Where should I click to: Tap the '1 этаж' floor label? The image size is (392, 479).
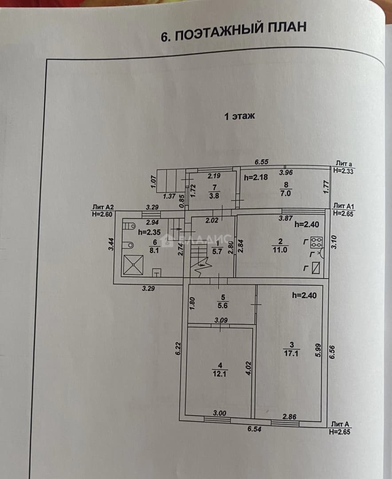click(x=239, y=116)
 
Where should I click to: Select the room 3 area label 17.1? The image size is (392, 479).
click(x=291, y=353)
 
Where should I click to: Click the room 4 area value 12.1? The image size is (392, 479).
click(x=220, y=373)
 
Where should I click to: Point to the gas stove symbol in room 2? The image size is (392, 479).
click(x=317, y=242)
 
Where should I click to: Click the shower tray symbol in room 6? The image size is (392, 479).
click(x=133, y=265)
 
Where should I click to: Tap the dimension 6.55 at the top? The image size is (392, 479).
click(x=262, y=161)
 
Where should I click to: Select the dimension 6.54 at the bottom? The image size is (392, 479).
click(x=254, y=429)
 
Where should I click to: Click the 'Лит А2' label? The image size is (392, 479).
click(x=103, y=207)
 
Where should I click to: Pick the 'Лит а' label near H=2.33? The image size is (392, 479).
click(x=344, y=164)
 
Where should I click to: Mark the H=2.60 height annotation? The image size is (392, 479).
click(x=102, y=214)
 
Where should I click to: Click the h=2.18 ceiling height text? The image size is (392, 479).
click(x=256, y=177)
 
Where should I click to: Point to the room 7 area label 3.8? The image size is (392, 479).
click(x=214, y=196)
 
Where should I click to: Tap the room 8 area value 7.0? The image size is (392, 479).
click(x=286, y=193)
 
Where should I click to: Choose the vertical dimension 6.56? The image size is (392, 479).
click(x=332, y=352)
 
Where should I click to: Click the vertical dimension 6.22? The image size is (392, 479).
click(x=178, y=349)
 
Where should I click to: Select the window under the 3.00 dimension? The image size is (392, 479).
click(x=217, y=420)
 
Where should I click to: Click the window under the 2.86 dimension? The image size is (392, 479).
click(x=285, y=423)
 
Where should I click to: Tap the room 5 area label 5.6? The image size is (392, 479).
click(x=223, y=305)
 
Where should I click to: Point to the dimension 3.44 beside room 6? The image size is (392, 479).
click(x=111, y=244)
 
